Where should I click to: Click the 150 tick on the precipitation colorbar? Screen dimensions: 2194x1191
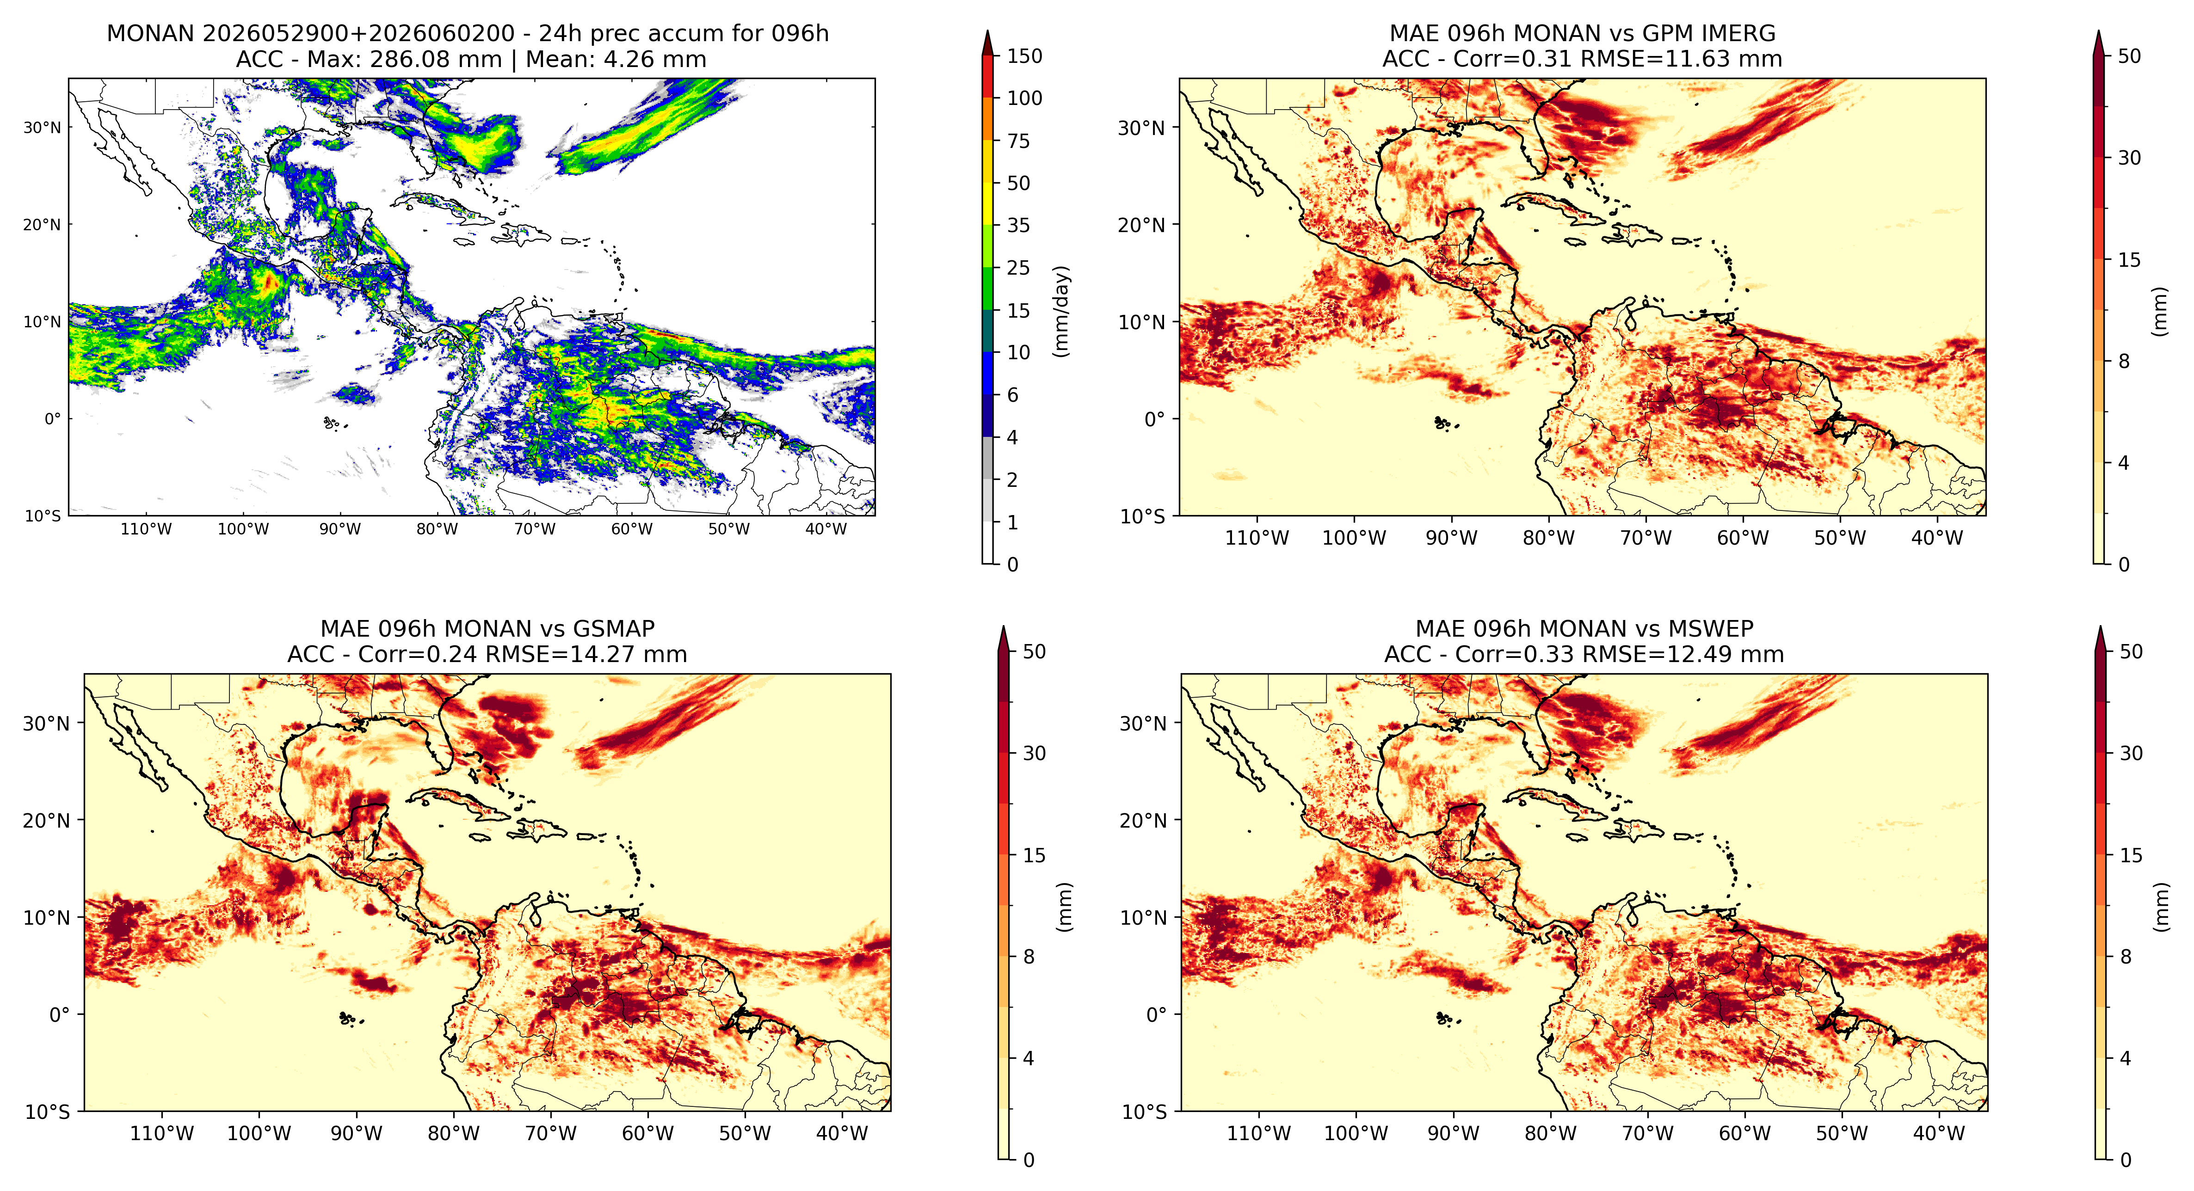(1024, 56)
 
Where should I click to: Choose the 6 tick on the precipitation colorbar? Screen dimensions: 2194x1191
(1013, 395)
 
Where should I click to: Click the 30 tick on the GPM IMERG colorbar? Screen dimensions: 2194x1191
(2129, 158)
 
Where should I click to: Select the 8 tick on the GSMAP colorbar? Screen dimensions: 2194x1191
(1029, 957)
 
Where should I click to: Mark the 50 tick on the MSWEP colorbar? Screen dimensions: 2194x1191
(2131, 651)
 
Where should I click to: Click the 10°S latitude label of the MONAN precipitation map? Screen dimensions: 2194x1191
(43, 516)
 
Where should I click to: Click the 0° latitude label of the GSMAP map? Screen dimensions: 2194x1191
(60, 1015)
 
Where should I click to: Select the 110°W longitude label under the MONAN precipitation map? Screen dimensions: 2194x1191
(147, 528)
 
